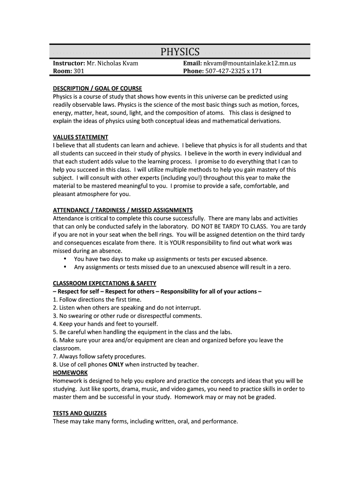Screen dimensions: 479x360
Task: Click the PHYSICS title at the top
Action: (180, 51)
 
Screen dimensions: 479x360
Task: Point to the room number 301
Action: (79, 71)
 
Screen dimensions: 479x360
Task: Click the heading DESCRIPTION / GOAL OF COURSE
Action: (97, 88)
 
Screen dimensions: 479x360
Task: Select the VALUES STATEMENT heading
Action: (80, 137)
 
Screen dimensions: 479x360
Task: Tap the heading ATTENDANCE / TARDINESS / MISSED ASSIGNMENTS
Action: (122, 210)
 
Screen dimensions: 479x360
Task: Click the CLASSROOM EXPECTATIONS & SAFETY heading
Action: (104, 283)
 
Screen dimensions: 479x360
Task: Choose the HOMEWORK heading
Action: (70, 372)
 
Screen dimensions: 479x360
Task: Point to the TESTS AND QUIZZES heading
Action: (79, 413)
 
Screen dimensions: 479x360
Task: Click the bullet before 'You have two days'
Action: (65, 259)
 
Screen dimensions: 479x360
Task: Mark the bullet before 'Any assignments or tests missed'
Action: (65, 267)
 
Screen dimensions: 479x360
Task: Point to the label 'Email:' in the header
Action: (192, 63)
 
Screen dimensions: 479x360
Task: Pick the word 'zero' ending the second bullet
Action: (282, 267)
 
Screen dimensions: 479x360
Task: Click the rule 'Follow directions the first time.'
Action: (100, 299)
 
